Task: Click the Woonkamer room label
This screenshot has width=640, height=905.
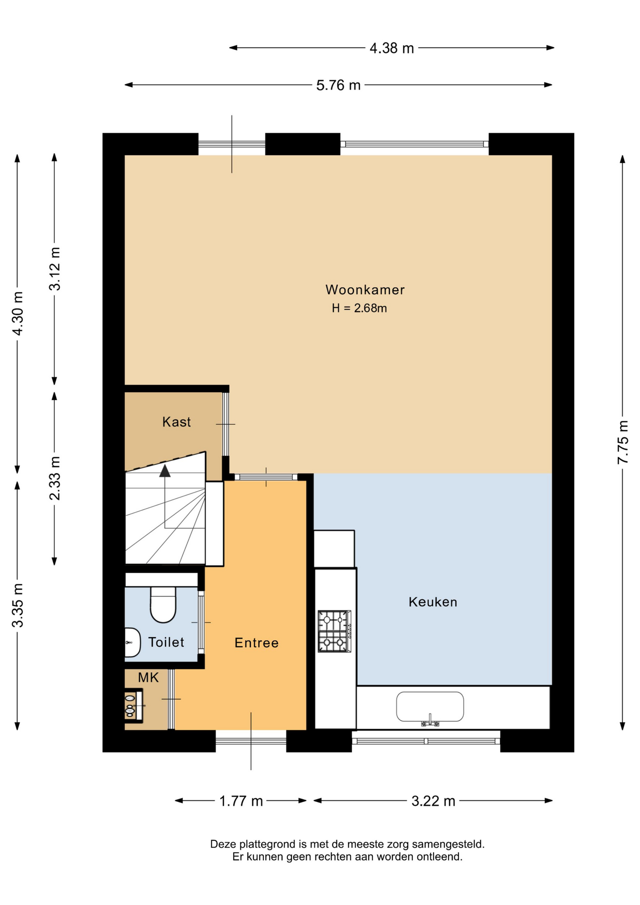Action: [x=365, y=289]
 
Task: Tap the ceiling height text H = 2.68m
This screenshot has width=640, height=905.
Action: [x=359, y=308]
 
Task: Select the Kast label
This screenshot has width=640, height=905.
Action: [x=176, y=422]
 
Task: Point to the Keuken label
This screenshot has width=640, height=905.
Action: [x=433, y=602]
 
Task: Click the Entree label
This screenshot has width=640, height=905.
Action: [x=256, y=643]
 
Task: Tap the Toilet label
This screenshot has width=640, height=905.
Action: [x=166, y=642]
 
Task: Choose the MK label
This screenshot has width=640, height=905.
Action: [x=148, y=678]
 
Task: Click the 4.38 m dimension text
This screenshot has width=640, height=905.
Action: [x=392, y=48]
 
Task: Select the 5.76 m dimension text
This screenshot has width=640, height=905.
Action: [x=338, y=85]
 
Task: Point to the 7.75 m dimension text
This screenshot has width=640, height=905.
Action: [x=623, y=442]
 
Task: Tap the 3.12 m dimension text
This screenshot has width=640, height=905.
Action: [x=55, y=269]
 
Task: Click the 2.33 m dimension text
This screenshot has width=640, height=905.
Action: [x=55, y=478]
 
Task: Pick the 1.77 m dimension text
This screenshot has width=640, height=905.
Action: [x=241, y=801]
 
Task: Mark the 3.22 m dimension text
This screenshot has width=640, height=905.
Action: [x=433, y=801]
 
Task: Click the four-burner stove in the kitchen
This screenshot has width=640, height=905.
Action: [x=335, y=631]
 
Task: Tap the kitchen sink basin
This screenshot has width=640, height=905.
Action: [x=430, y=707]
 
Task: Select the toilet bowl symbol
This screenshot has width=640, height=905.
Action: [x=163, y=605]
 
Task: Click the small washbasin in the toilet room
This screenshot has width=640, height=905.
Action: [x=132, y=642]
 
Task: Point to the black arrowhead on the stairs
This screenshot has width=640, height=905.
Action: [x=165, y=471]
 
